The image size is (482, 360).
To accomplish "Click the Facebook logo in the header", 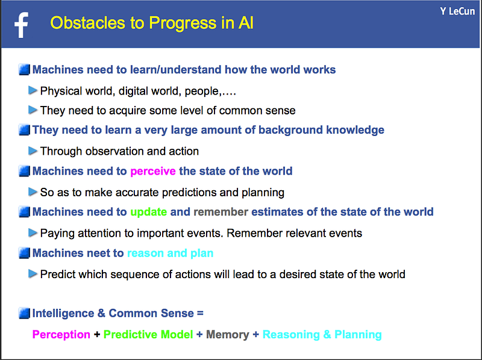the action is pos(21,25).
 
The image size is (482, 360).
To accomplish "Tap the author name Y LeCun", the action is pos(457,11).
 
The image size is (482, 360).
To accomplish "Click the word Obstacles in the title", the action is pos(87,23).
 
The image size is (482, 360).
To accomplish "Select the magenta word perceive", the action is pos(153,172).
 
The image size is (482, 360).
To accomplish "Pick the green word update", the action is pos(148,213).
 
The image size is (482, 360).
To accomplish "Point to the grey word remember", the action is pos(221,212).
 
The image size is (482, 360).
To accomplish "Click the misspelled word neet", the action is pos(99,253).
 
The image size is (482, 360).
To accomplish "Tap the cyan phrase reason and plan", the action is pos(171,253).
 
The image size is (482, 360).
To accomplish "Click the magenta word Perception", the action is pos(61,335).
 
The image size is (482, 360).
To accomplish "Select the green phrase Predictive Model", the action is pos(148,335).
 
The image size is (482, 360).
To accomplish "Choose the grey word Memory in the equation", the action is pos(228,335).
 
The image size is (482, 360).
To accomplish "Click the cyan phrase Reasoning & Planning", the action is pos(322,335).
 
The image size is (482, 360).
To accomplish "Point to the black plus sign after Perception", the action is pos(97,335).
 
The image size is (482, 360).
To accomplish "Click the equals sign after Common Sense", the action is pos(200,314).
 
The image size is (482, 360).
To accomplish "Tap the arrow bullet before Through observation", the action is pos(33,151).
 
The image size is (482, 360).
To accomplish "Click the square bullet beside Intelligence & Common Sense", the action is pos(24,313).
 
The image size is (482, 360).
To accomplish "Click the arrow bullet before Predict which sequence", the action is pos(33,274).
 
